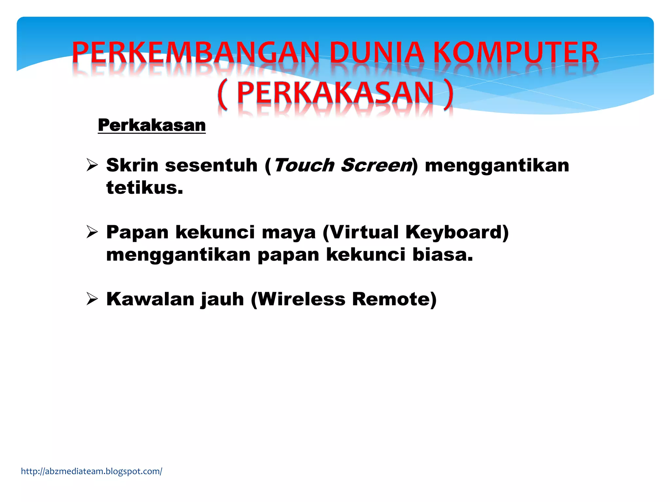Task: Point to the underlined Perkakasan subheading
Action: (152, 125)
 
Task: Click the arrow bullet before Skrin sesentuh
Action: (92, 165)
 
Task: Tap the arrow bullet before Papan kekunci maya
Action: (92, 232)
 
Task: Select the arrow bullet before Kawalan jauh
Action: (92, 299)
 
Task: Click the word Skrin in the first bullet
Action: (132, 165)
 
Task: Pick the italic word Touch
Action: (304, 165)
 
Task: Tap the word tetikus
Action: (144, 188)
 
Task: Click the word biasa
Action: (442, 255)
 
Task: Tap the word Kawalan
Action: (150, 299)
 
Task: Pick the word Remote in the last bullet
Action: (391, 299)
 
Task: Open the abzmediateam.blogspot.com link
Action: (92, 471)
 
